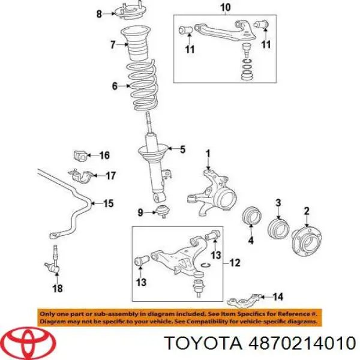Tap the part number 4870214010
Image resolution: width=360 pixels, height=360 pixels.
click(x=302, y=343)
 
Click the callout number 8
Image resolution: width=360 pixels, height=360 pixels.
click(x=99, y=14)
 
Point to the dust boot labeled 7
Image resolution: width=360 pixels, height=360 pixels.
click(x=136, y=44)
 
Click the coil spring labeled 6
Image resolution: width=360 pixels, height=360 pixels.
click(x=143, y=85)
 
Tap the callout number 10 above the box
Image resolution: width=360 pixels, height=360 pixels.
click(x=225, y=7)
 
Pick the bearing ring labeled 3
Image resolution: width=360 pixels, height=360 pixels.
click(x=278, y=229)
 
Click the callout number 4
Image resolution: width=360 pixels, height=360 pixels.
click(x=251, y=241)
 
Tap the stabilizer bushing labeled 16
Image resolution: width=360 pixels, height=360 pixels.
click(x=80, y=155)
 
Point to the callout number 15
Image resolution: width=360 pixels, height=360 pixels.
click(x=108, y=203)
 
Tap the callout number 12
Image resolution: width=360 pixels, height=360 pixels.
click(x=235, y=263)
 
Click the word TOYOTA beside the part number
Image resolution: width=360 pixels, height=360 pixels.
click(x=204, y=343)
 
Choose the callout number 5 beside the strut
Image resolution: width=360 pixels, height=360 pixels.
click(x=182, y=149)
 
